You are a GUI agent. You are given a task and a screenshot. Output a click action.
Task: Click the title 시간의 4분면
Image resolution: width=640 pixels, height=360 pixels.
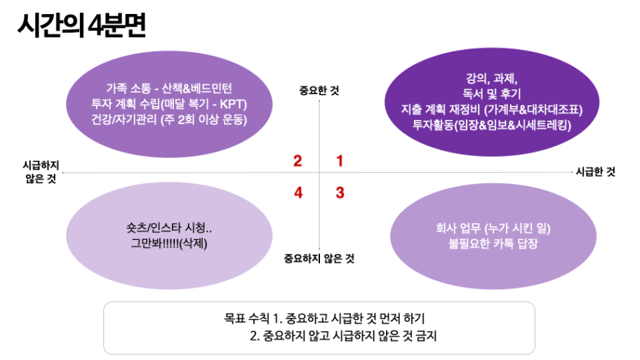81,25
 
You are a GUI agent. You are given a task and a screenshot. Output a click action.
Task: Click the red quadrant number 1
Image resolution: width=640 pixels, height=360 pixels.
340,161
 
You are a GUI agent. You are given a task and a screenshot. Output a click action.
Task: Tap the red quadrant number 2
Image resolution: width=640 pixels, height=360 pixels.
298,161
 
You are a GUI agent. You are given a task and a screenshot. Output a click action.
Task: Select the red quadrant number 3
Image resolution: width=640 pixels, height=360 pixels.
340,192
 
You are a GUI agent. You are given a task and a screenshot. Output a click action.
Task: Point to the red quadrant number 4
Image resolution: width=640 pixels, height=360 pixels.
298,192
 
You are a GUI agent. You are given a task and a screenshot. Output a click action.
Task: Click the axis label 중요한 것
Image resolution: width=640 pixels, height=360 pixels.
319,91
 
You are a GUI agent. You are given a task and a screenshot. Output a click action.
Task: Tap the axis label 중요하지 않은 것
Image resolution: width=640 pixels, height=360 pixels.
319,258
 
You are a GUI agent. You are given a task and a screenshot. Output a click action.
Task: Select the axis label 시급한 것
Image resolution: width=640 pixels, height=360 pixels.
596,172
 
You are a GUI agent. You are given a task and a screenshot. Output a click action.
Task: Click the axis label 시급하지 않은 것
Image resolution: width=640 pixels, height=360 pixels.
41,172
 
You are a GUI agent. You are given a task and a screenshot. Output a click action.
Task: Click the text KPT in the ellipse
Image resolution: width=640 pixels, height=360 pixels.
233,104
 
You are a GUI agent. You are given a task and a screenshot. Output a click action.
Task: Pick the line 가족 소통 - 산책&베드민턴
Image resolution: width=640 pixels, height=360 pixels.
169,88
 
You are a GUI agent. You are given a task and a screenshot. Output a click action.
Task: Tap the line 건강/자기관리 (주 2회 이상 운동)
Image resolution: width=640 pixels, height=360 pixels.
169,119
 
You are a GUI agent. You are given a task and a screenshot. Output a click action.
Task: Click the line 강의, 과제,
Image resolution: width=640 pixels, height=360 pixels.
492,79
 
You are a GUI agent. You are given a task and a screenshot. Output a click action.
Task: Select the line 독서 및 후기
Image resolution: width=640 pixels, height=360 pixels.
492,94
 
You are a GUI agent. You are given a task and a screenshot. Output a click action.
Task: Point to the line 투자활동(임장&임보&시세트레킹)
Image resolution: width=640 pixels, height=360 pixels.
492,125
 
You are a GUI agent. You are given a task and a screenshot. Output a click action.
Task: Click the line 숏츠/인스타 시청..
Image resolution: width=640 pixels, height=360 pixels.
169,228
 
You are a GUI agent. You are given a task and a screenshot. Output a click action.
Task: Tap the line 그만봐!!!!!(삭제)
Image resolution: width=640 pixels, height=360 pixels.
169,244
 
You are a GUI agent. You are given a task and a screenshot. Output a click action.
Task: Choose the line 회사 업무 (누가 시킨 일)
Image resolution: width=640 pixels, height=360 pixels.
493,228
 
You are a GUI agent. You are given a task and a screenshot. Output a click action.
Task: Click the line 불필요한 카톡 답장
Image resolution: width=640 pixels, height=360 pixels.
493,244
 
